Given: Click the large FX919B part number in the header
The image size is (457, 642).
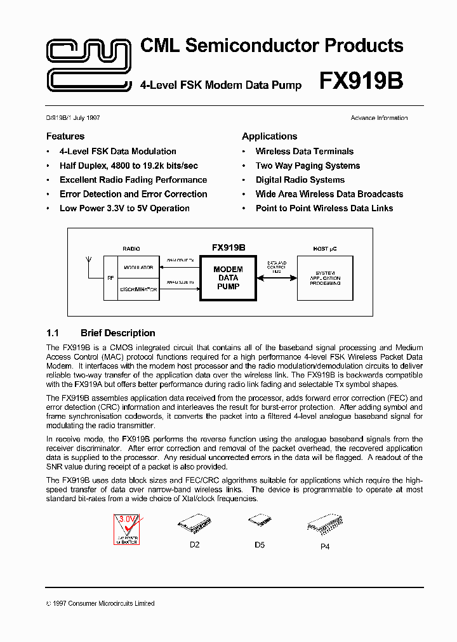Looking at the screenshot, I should coord(361,82).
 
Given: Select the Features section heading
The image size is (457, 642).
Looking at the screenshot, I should coord(65,136).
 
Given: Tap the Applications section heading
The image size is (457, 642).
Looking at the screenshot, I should coord(269,136).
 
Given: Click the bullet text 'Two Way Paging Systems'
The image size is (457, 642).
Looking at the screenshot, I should coord(307,166).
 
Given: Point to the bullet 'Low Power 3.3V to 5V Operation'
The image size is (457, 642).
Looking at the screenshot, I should coord(124,208).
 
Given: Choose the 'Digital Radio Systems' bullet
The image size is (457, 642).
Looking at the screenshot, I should coord(300,180).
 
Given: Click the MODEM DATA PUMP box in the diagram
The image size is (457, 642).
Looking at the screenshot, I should coord(228,278).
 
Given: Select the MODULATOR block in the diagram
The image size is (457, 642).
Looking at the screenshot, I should coord(138,267).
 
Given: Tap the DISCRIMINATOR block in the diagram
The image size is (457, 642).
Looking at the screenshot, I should coord(138,289).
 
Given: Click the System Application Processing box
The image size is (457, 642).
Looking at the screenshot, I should coord(325,278).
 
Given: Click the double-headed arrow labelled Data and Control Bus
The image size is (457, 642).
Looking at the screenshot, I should coord(276,277).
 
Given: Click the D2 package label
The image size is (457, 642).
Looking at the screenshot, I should coord(195,545).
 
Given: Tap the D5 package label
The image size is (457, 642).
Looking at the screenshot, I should coord(259,544).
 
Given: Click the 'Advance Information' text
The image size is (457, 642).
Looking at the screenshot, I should coord(379,118).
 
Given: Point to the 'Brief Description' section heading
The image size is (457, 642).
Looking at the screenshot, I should coord(117,333).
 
